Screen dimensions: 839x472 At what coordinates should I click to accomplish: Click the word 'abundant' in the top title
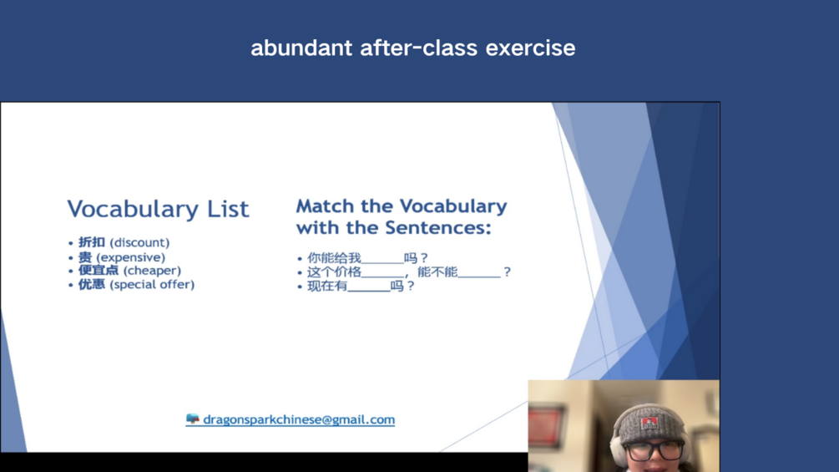(301, 48)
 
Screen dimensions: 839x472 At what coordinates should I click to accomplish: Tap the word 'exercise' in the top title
(530, 48)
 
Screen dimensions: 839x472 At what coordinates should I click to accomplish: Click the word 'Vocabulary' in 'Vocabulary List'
(132, 209)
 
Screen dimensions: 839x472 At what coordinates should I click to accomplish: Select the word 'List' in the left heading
(228, 208)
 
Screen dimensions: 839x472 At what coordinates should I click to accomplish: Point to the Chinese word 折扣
(92, 242)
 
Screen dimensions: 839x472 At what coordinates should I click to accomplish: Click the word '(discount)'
(139, 243)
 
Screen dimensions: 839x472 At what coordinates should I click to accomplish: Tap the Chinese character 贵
(85, 256)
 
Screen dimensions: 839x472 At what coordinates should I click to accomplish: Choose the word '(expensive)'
(130, 257)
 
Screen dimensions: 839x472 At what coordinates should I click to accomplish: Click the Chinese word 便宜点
(99, 270)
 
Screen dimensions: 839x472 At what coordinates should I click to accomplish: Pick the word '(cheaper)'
(153, 271)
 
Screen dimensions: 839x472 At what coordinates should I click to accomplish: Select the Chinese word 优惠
(92, 284)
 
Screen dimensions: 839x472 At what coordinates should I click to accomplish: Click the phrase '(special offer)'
(152, 285)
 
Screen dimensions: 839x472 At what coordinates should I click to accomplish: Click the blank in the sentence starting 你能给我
(382, 262)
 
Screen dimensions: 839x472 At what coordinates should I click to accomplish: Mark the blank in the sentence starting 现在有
(369, 290)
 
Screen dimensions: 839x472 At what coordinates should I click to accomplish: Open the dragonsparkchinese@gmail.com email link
(299, 419)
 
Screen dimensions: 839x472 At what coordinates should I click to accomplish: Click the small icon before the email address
(193, 419)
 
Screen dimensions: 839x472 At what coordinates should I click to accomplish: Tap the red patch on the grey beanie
(649, 424)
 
